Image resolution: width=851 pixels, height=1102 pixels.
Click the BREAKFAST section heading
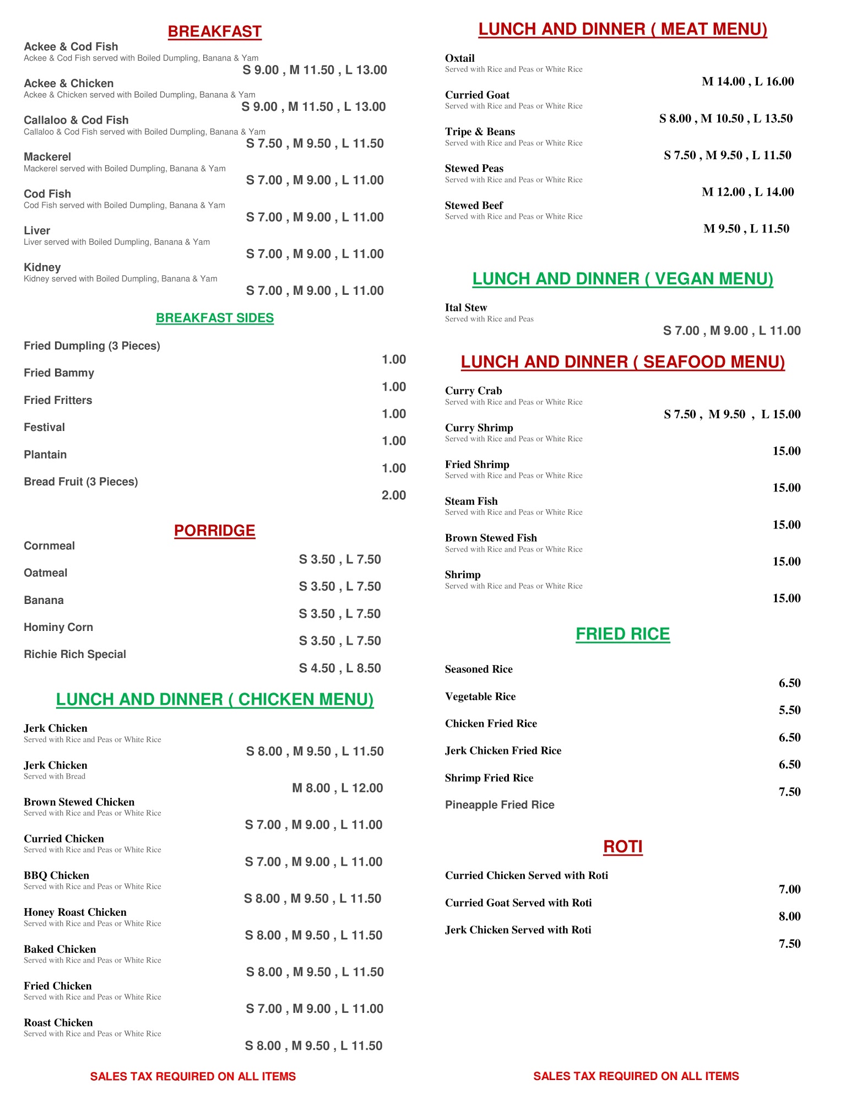pyautogui.click(x=214, y=32)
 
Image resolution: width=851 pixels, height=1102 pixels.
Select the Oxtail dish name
pyautogui.click(x=459, y=58)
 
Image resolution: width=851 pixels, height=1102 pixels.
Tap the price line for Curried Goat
pyautogui.click(x=725, y=118)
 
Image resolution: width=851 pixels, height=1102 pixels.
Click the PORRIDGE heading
pyautogui.click(x=214, y=531)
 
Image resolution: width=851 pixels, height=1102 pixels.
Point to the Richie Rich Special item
pyautogui.click(x=75, y=655)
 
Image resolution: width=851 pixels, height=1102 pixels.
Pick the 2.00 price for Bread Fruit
pyautogui.click(x=393, y=495)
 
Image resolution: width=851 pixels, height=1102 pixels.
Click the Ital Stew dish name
pyautogui.click(x=466, y=308)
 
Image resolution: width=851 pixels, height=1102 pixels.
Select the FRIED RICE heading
pyautogui.click(x=622, y=634)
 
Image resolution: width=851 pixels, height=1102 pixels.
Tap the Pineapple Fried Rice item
pyautogui.click(x=500, y=805)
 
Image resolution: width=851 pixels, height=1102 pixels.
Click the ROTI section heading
pyautogui.click(x=622, y=847)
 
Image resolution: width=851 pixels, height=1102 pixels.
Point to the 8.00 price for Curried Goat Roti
pyautogui.click(x=789, y=916)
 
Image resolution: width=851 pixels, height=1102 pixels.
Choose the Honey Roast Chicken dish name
pyautogui.click(x=75, y=912)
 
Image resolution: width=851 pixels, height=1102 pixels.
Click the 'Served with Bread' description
pyautogui.click(x=55, y=776)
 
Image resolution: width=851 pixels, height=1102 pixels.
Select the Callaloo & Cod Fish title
pyautogui.click(x=76, y=120)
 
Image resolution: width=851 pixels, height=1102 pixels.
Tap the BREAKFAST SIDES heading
pyautogui.click(x=214, y=318)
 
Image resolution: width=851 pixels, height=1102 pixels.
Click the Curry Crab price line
pyautogui.click(x=731, y=414)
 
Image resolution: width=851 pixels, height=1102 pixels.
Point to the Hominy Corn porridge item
pyautogui.click(x=58, y=628)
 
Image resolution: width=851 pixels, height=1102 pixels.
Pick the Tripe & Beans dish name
pyautogui.click(x=480, y=132)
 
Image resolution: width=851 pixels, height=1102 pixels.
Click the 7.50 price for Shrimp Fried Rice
pyautogui.click(x=789, y=792)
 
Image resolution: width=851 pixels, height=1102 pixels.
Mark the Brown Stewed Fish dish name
pyautogui.click(x=491, y=538)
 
